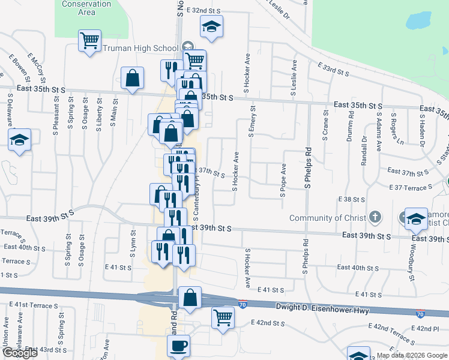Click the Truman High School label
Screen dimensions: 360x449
point(142,48)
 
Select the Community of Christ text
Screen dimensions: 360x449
point(327,218)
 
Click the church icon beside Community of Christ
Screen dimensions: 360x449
point(375,216)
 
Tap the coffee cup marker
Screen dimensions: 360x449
point(178,346)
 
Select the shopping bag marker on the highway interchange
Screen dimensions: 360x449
point(190,298)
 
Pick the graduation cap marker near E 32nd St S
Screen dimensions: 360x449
point(211,26)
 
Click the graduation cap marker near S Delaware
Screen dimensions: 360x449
point(19,141)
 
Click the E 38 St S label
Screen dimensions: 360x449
point(352,199)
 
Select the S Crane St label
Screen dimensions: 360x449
point(325,125)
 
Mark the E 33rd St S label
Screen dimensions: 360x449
point(333,69)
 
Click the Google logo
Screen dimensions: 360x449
point(20,353)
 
